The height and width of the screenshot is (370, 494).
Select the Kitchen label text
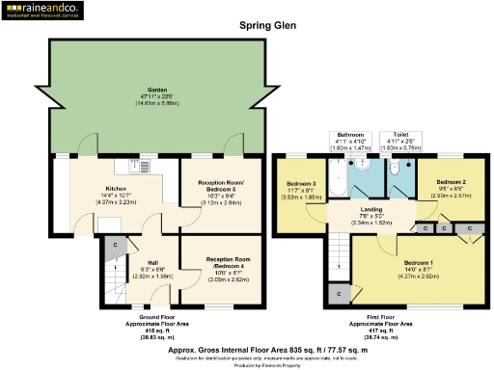click(x=116, y=190)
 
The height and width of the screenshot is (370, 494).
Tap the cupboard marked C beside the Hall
click(x=115, y=246)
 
